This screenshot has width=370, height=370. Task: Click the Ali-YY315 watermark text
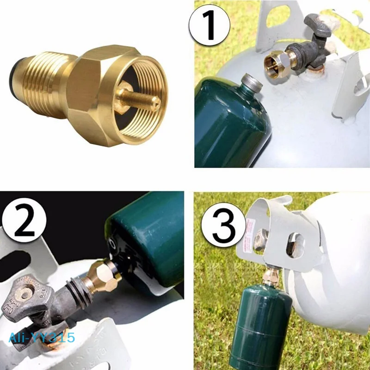point(42,337)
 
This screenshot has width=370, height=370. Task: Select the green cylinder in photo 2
point(148,240)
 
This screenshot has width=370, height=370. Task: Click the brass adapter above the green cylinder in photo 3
point(269,277)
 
